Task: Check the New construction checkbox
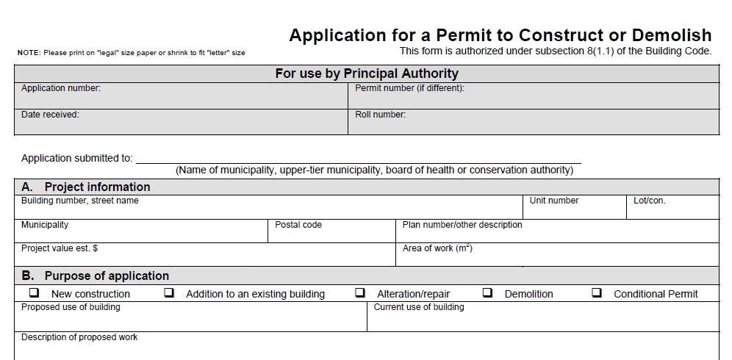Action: coord(34,292)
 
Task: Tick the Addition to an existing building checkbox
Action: coord(169,292)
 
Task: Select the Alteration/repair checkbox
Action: coord(360,292)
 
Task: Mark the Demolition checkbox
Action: coord(487,292)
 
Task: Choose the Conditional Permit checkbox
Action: coord(597,292)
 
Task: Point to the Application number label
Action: coord(61,89)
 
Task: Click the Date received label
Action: coord(50,115)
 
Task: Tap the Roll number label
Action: coord(380,115)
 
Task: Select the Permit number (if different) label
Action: coord(409,89)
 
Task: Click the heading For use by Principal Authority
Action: coord(366,73)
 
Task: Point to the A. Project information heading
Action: coord(86,187)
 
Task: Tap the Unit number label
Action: coord(554,201)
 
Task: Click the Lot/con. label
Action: coord(650,201)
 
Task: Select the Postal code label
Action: coord(298,225)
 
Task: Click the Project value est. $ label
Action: coord(60,248)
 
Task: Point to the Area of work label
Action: coord(437,248)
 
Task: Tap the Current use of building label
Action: coord(419,307)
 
